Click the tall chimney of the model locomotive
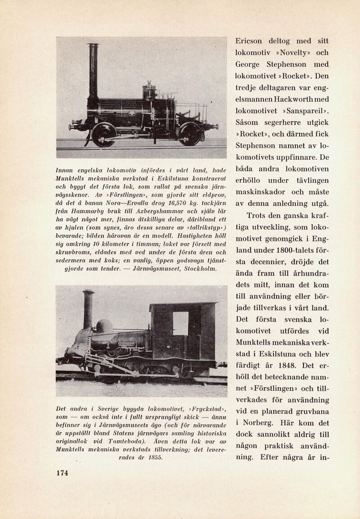(93, 72)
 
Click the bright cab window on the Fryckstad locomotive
(180, 323)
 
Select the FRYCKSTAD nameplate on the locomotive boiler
(126, 344)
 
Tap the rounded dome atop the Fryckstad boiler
(104, 326)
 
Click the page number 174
(62, 473)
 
